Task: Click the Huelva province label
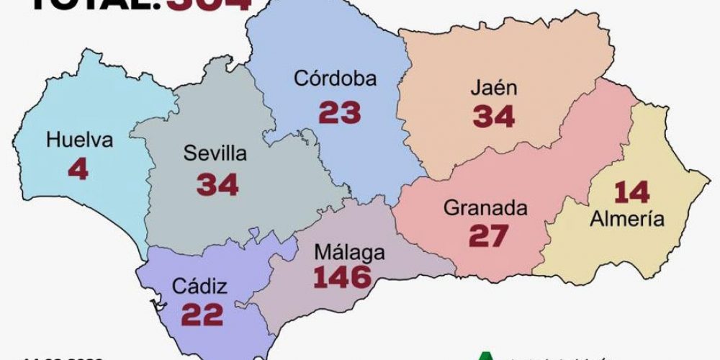pos(79,140)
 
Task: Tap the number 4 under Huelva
pos(78,169)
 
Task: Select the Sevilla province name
pos(215,153)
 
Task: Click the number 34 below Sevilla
pos(217,184)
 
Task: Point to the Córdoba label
pos(335,78)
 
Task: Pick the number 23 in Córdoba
pos(340,112)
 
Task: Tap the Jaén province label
pos(494,88)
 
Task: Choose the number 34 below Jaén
pos(494,117)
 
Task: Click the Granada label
pos(485,208)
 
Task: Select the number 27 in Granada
pos(488,236)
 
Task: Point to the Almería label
pos(626,220)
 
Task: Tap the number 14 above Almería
pos(631,192)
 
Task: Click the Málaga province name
pos(349,253)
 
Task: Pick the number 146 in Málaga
pos(343,277)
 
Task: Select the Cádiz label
pos(199,287)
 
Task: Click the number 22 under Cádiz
pos(202,315)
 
